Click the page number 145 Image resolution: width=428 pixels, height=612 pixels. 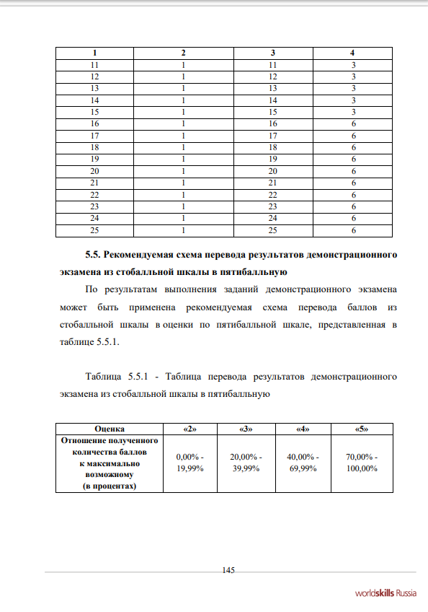point(228,570)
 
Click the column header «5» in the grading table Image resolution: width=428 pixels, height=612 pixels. point(362,429)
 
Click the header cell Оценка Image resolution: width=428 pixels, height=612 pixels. point(110,429)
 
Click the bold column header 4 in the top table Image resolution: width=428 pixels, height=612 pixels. point(352,53)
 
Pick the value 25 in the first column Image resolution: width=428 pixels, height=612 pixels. point(94,231)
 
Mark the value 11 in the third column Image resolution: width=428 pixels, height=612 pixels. point(272,65)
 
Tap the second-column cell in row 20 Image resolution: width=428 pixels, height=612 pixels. point(183,172)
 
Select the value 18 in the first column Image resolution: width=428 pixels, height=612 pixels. point(94,148)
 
